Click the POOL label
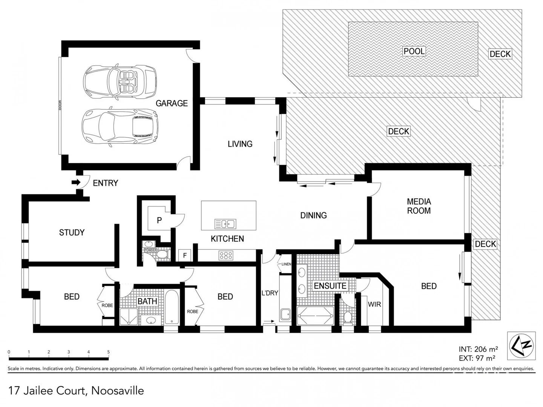coord(414,51)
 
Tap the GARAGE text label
coord(172,103)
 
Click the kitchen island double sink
coord(225,224)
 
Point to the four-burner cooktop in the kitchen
coord(226,256)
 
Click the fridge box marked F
coord(185,256)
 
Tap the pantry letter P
coord(159,220)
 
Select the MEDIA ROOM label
coord(419,206)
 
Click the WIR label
coord(374,304)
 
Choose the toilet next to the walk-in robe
coord(348,318)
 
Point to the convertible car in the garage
coord(120,81)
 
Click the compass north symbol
coord(521,345)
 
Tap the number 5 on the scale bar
coord(109,352)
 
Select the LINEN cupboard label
coord(286,264)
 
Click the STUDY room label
coord(72,233)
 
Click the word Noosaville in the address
coord(118,391)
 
